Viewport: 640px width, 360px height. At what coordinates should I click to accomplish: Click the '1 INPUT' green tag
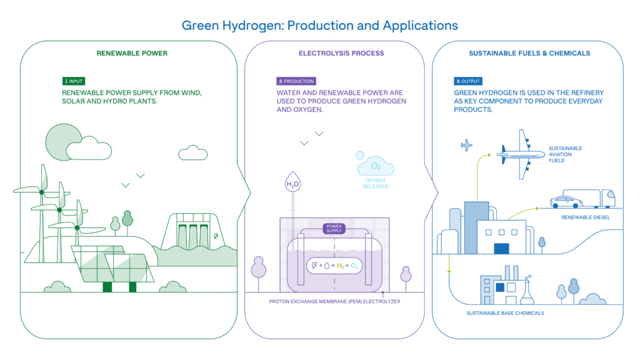tap(74, 81)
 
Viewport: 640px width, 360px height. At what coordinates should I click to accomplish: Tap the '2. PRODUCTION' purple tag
tap(296, 81)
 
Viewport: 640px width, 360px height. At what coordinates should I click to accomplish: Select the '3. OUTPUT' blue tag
tap(468, 81)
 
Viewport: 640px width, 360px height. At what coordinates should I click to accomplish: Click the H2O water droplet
tap(292, 182)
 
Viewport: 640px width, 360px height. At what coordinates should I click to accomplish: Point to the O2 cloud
tap(376, 166)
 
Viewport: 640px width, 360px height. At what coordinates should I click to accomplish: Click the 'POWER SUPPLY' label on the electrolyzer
tap(334, 229)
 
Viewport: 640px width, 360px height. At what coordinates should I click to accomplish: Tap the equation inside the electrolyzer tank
tap(334, 266)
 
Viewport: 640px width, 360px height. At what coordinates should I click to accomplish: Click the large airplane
tap(521, 155)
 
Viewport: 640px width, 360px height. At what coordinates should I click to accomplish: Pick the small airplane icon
tap(466, 145)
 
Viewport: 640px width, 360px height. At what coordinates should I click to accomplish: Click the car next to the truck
tap(566, 202)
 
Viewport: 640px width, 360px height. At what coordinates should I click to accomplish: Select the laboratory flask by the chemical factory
tap(527, 292)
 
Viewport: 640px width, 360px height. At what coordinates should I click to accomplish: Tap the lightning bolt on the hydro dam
tap(216, 236)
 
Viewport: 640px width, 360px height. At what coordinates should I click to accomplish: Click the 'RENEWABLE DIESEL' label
tap(586, 217)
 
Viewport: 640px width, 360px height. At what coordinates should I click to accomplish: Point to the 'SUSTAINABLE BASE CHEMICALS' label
tap(505, 313)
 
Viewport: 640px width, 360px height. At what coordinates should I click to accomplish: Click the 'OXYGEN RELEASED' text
tap(376, 183)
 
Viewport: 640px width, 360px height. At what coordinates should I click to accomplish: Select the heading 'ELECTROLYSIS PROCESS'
tap(341, 53)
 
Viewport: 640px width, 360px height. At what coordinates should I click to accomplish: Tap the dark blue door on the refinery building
tap(501, 249)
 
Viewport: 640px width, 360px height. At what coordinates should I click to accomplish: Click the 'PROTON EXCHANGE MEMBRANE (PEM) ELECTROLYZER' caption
tap(335, 302)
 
